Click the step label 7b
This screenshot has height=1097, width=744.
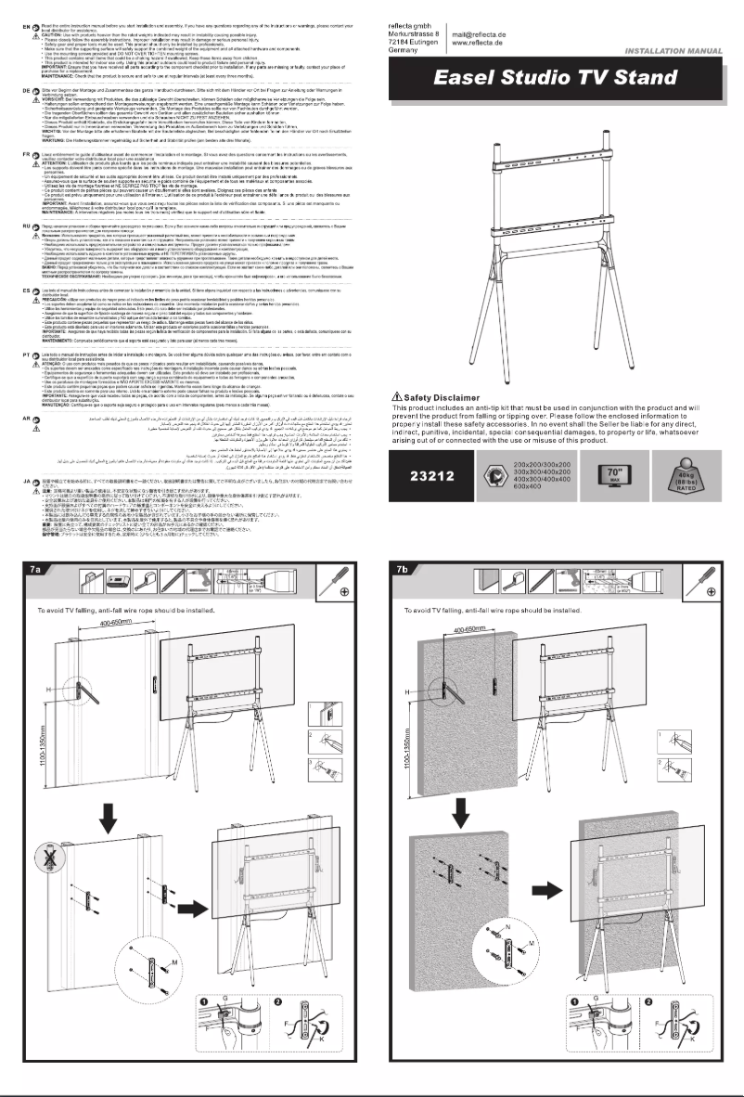[405, 569]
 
